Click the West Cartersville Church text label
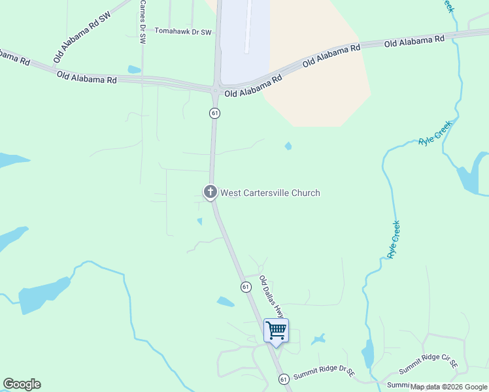coord(270,193)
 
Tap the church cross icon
coord(211,191)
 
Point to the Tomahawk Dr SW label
coord(183,31)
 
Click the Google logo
coord(22,384)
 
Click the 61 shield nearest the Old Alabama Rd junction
coord(214,113)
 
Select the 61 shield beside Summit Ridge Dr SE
coord(283,379)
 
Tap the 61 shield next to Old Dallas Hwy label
coord(245,287)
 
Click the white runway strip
coord(247,26)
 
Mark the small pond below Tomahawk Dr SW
coord(134,69)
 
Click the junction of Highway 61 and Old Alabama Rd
coord(215,88)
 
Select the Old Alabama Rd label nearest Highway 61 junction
coord(252,86)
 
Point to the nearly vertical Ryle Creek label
coord(394,239)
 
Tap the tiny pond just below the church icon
coord(199,221)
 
